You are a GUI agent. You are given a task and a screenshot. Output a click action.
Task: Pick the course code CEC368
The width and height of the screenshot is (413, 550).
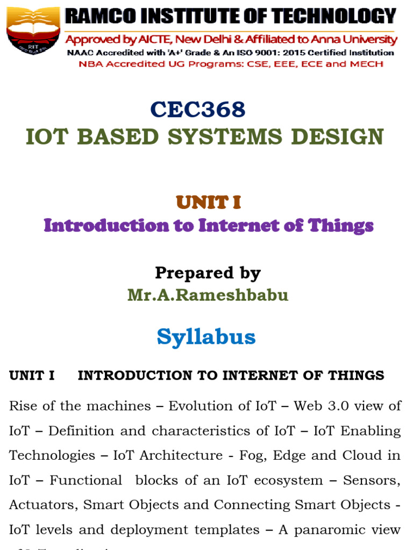(x=198, y=110)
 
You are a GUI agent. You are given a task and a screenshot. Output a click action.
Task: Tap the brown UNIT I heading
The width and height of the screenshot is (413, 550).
(x=208, y=202)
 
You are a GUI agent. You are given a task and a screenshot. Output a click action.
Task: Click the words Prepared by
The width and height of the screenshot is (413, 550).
(x=208, y=273)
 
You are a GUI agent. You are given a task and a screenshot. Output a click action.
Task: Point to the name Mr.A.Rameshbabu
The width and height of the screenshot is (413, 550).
(x=208, y=295)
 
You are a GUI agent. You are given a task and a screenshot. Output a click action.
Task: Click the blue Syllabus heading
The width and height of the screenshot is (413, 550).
(x=206, y=337)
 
